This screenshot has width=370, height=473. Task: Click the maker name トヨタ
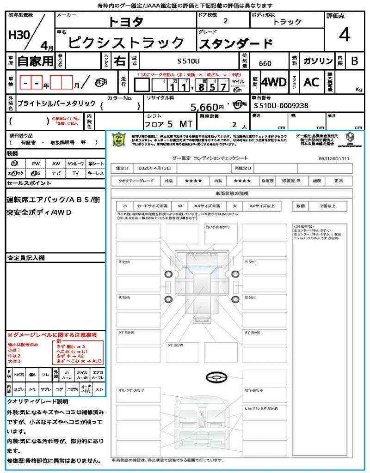126,21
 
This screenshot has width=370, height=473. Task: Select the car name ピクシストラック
126,42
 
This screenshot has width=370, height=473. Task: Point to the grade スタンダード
235,44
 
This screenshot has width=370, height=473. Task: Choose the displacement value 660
265,63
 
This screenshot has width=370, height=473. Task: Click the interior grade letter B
354,61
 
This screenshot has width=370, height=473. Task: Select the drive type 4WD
273,82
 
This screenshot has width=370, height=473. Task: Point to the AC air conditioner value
311,82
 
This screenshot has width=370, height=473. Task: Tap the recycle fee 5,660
208,107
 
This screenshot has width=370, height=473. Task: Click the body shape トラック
287,22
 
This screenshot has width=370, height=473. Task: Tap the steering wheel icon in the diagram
216,378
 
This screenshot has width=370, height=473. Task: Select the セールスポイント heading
29,183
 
